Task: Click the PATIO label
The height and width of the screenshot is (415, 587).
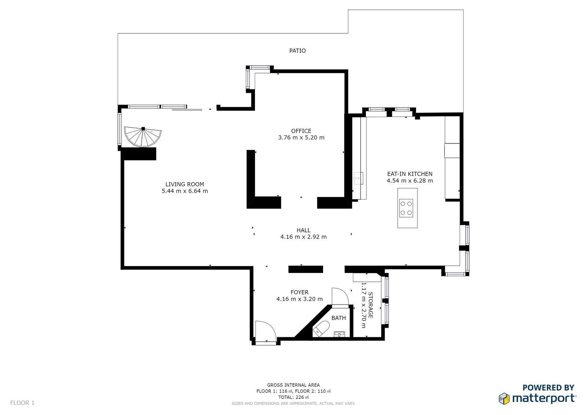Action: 297,51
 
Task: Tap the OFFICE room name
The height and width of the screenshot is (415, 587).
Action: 301,131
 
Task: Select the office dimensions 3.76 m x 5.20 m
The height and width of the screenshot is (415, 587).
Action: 301,137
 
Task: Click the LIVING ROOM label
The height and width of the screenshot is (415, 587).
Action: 185,184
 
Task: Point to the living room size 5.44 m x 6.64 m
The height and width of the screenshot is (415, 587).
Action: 185,191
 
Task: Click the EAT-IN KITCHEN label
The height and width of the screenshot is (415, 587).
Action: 409,174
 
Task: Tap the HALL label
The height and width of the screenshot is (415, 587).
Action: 303,230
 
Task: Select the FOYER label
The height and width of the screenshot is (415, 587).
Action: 299,292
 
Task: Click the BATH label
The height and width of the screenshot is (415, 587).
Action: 339,318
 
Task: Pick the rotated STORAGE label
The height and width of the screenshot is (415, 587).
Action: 371,305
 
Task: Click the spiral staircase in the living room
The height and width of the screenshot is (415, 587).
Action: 143,136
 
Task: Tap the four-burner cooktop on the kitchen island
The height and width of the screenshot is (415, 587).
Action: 406,208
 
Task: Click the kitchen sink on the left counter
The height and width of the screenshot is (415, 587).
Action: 358,178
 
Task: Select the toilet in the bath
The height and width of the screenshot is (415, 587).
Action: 321,329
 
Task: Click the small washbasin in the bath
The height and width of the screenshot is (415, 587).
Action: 339,334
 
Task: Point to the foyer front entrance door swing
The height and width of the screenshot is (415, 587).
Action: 266,331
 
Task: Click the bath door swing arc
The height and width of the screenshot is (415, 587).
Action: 340,296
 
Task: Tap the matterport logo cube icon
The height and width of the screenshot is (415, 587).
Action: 504,398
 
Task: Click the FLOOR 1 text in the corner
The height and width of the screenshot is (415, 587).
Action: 22,403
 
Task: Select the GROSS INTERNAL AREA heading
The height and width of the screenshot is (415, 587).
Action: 293,385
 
